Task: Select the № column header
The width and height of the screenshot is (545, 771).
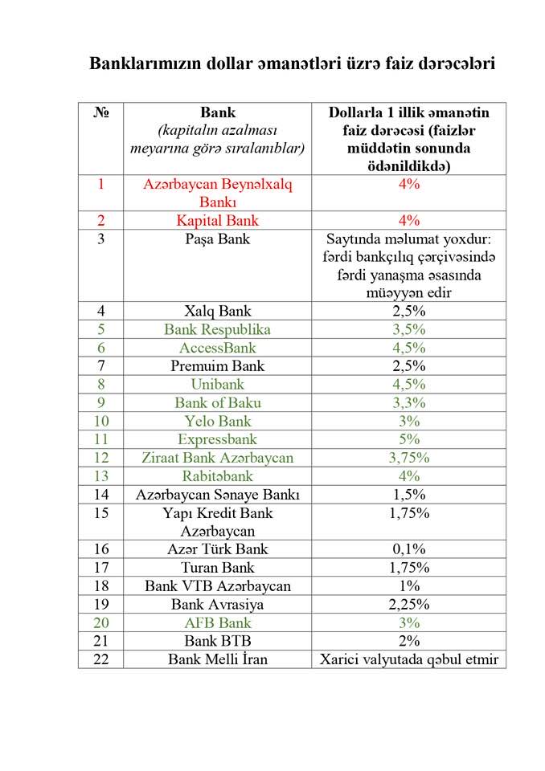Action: pyautogui.click(x=100, y=112)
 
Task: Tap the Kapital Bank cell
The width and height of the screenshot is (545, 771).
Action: pyautogui.click(x=218, y=220)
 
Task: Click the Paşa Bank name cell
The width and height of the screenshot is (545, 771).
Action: pyautogui.click(x=218, y=239)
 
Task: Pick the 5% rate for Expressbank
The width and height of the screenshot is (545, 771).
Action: pyautogui.click(x=408, y=439)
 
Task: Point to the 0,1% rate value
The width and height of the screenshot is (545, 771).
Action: pyautogui.click(x=408, y=549)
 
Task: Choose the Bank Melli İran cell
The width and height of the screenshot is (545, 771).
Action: pyautogui.click(x=218, y=659)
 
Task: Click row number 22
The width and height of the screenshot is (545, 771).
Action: pyautogui.click(x=100, y=659)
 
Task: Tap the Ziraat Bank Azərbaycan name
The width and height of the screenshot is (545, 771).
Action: pyautogui.click(x=218, y=458)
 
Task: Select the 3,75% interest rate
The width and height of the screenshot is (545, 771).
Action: pyautogui.click(x=408, y=458)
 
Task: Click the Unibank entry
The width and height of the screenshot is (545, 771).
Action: pyautogui.click(x=218, y=384)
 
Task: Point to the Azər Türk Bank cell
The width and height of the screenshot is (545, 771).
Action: pyautogui.click(x=218, y=549)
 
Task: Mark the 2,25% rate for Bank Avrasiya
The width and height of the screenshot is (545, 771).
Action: pyautogui.click(x=408, y=604)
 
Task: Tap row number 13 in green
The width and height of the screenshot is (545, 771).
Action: pyautogui.click(x=100, y=476)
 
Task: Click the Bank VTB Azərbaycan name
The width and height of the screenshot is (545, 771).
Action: pyautogui.click(x=218, y=586)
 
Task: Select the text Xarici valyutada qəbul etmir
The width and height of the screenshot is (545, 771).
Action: pyautogui.click(x=408, y=659)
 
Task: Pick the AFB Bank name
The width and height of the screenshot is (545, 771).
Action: pyautogui.click(x=218, y=622)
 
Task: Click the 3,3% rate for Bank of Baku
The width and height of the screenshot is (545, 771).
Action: pyautogui.click(x=408, y=402)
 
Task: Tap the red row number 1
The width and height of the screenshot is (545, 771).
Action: pyautogui.click(x=100, y=184)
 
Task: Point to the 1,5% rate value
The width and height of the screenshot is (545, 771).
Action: pyautogui.click(x=408, y=495)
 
